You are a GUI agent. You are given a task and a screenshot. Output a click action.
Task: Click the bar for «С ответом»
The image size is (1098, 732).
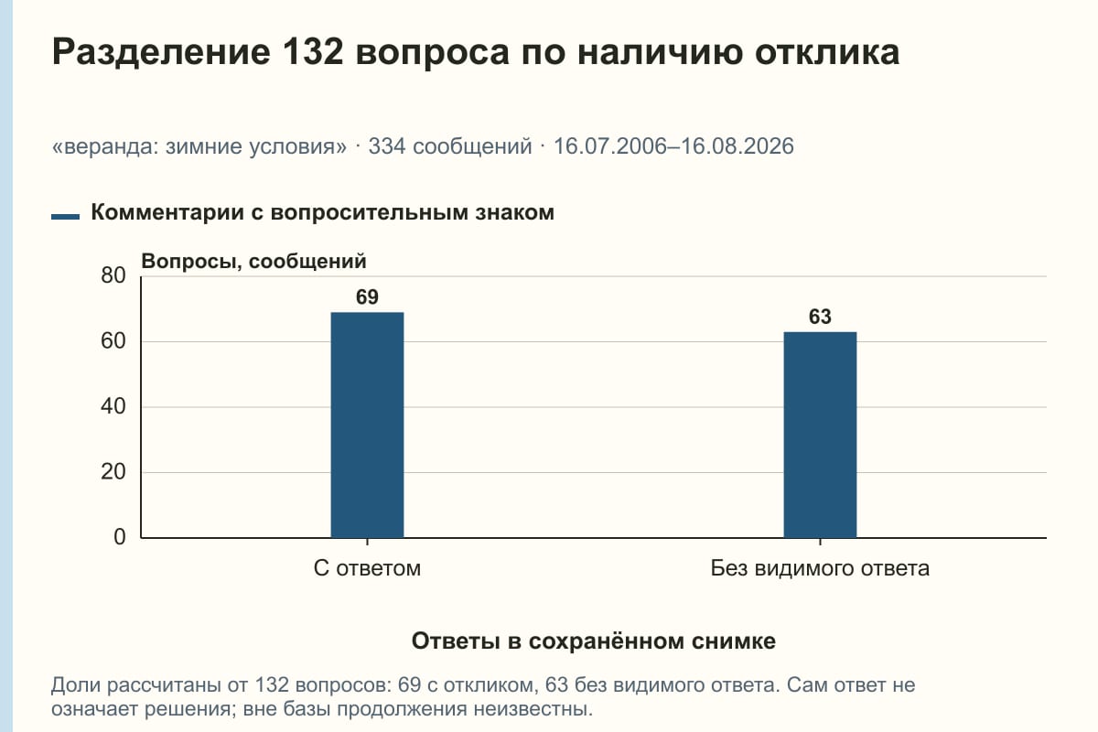pyautogui.click(x=367, y=425)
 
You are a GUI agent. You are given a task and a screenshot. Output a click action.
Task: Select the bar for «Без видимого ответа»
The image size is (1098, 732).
pyautogui.click(x=820, y=435)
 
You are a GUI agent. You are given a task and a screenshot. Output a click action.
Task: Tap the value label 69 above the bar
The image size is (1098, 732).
pyautogui.click(x=367, y=297)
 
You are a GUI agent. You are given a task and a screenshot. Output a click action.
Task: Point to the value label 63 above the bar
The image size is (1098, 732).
pyautogui.click(x=820, y=317)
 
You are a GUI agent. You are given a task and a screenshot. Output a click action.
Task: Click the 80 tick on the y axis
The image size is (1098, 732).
pyautogui.click(x=113, y=276)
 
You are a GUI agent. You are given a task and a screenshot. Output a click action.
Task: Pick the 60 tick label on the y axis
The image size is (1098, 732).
pyautogui.click(x=113, y=341)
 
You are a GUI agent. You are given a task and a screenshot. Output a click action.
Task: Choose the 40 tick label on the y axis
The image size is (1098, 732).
pyautogui.click(x=113, y=407)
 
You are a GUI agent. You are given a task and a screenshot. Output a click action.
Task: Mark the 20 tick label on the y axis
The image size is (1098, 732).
pyautogui.click(x=113, y=472)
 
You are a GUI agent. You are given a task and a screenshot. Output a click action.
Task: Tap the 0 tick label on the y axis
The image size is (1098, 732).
pyautogui.click(x=120, y=538)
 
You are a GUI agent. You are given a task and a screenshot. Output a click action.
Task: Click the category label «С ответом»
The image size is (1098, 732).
pyautogui.click(x=367, y=569)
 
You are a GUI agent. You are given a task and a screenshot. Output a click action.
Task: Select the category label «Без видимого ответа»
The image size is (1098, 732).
pyautogui.click(x=820, y=569)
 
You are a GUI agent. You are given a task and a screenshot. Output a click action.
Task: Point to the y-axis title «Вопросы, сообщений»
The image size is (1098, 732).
pyautogui.click(x=254, y=262)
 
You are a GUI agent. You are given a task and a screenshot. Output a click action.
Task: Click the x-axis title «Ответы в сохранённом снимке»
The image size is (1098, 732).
pyautogui.click(x=594, y=641)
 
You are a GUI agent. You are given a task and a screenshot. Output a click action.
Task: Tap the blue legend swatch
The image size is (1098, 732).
pyautogui.click(x=65, y=216)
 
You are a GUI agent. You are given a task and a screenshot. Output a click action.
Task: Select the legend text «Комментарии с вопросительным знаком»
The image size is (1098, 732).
pyautogui.click(x=322, y=213)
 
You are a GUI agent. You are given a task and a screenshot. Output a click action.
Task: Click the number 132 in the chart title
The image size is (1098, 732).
pyautogui.click(x=313, y=52)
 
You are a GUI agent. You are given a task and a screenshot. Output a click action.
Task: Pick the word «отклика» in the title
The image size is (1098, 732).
pyautogui.click(x=827, y=53)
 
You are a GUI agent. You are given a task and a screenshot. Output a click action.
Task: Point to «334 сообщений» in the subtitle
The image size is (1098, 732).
pyautogui.click(x=450, y=146)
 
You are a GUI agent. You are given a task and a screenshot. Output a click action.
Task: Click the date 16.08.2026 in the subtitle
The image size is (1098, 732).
pyautogui.click(x=737, y=146)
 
